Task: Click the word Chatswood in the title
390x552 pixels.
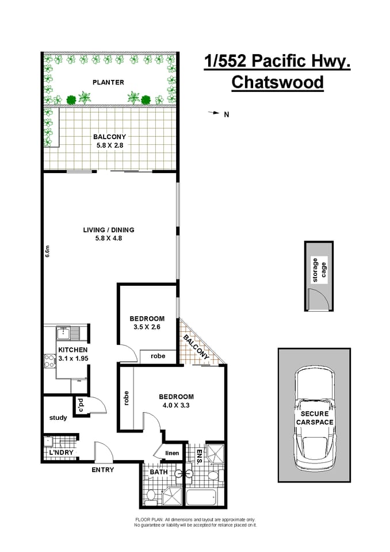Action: [x=277, y=82]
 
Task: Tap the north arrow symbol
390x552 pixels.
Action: [x=213, y=113]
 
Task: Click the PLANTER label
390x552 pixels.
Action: [x=108, y=82]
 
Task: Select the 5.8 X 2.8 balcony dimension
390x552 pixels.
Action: [x=109, y=145]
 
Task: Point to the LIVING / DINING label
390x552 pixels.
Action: [x=108, y=230]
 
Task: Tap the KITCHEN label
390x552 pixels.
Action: [x=72, y=350]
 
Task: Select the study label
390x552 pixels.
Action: [x=58, y=417]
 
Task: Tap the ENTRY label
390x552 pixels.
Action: [x=103, y=470]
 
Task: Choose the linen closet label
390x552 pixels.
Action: [x=173, y=453]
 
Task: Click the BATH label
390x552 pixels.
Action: [x=158, y=473]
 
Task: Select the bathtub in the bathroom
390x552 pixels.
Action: [x=202, y=498]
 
